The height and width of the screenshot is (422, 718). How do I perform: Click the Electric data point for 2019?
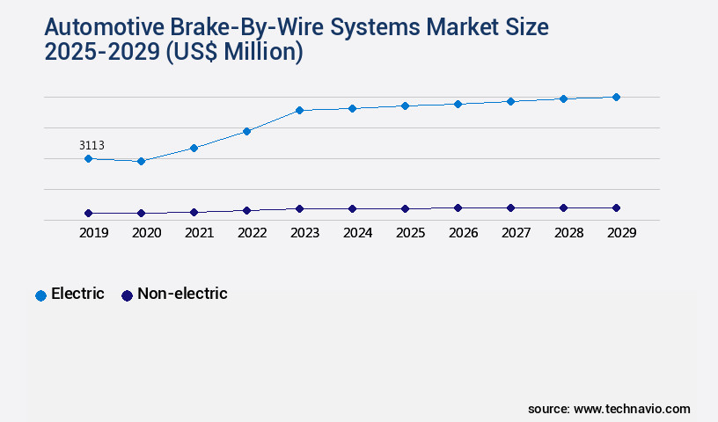coord(88,158)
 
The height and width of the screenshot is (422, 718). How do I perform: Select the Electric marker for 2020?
coord(141,161)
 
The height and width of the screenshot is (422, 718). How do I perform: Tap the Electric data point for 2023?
coord(299,110)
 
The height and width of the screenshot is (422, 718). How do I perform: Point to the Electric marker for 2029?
coord(616,97)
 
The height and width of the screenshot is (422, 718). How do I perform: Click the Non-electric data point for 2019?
coord(88,213)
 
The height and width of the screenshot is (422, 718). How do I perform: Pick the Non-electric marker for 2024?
coord(352,208)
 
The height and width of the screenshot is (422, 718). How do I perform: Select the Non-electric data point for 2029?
coord(616,207)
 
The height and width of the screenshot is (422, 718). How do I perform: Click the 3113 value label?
coord(92,145)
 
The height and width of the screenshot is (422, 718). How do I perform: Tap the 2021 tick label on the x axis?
coord(199,233)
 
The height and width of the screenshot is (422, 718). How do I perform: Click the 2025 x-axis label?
coord(410,233)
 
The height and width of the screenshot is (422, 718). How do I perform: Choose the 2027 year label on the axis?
coord(516,233)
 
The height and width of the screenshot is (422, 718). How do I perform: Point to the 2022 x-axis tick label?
coord(252,233)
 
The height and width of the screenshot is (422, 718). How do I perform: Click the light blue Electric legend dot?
coord(40,295)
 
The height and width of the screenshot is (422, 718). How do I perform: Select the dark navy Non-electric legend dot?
coord(127,295)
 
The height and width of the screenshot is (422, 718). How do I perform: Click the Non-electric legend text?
coord(182,294)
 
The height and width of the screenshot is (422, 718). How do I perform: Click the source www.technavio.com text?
coord(609,409)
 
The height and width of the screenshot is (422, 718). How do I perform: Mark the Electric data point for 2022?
coord(246,131)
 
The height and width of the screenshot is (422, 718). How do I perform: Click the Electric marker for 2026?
coord(458,104)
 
